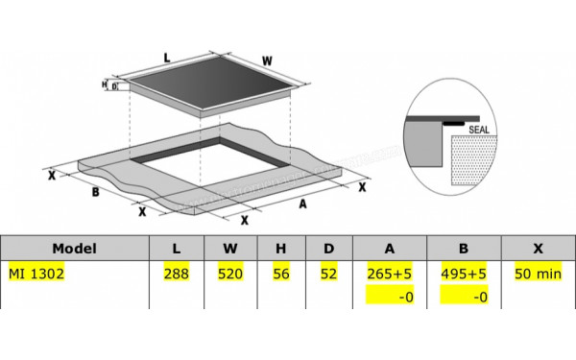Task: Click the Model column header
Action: [x=75, y=248]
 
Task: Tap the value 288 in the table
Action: [x=177, y=273]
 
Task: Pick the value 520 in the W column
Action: [x=230, y=273]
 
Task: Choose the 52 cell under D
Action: [x=328, y=273]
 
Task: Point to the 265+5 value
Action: [x=390, y=273]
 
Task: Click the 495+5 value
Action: [x=463, y=273]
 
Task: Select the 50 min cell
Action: [x=537, y=273]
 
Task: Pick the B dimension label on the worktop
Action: [x=95, y=191]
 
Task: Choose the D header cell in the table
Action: [x=328, y=248]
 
